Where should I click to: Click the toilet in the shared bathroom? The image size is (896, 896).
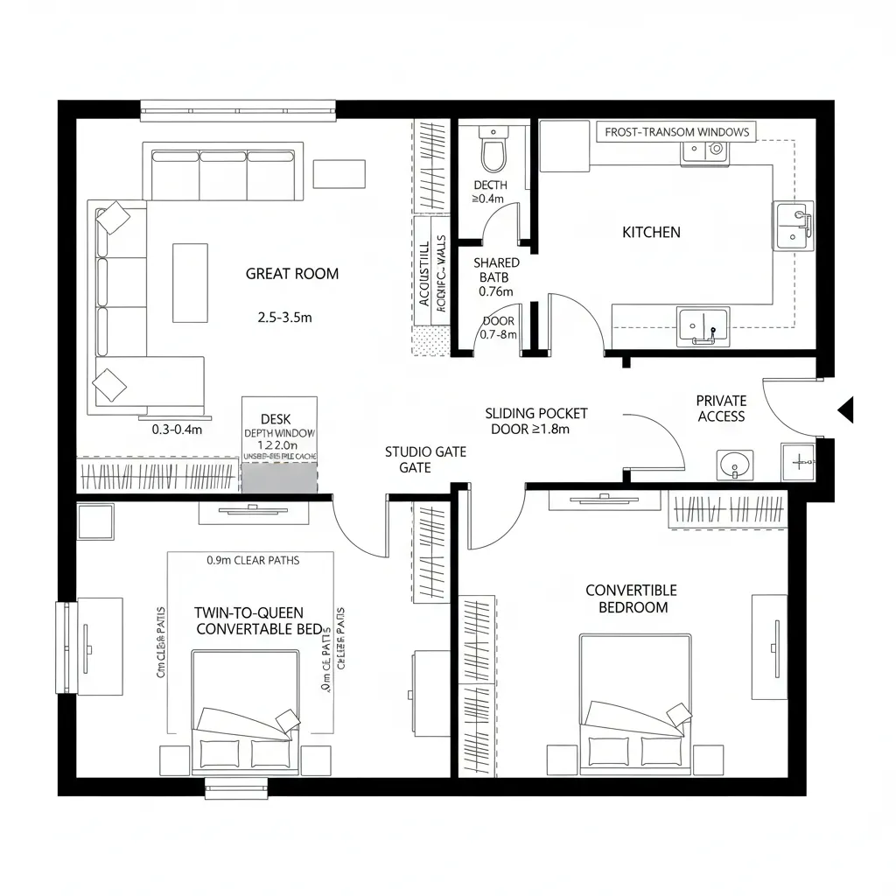tap(493, 150)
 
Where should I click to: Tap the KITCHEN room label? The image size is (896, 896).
tap(651, 232)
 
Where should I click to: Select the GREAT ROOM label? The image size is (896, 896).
tap(291, 274)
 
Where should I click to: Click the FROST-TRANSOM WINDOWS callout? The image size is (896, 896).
tap(677, 132)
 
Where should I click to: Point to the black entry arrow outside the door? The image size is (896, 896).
tap(845, 409)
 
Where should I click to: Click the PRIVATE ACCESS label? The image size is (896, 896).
tap(722, 409)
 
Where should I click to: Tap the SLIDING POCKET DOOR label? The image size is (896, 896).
tap(536, 421)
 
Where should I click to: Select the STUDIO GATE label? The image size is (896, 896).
tap(425, 459)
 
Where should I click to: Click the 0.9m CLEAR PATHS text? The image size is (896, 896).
tap(253, 560)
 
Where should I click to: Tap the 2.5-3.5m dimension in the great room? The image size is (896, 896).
tap(284, 318)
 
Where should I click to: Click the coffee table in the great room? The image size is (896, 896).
tap(190, 282)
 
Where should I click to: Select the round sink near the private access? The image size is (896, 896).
tap(735, 465)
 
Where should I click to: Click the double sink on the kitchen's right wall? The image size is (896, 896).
tap(793, 224)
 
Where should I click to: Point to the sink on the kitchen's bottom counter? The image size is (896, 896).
tap(703, 325)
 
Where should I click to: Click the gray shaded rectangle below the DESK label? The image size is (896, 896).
tap(279, 479)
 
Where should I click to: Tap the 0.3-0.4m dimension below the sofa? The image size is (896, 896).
tap(177, 430)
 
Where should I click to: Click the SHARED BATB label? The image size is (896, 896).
tap(496, 276)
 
